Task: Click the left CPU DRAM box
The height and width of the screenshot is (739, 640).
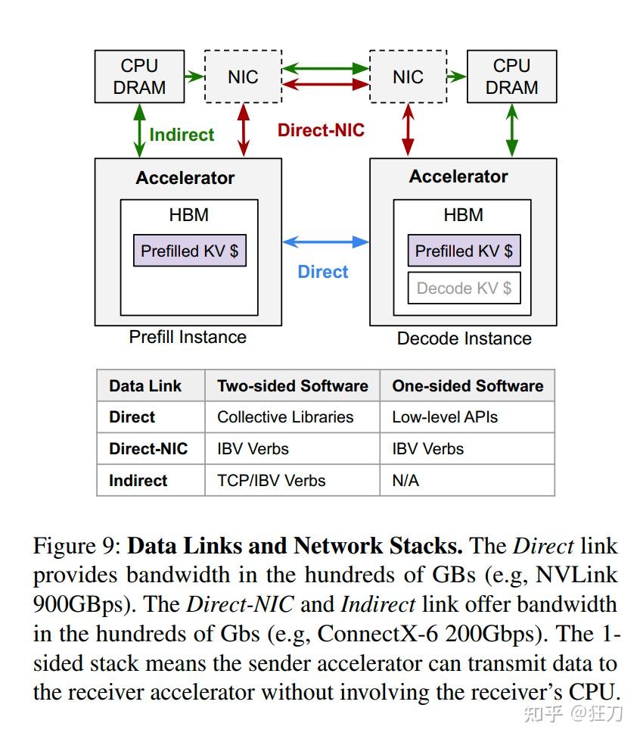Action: click(x=139, y=76)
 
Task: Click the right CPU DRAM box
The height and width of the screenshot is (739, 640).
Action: click(x=511, y=76)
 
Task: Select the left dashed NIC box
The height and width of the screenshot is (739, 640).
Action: click(x=243, y=76)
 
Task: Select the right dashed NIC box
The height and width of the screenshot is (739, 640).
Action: click(x=408, y=76)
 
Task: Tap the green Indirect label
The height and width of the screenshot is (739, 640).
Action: click(x=182, y=135)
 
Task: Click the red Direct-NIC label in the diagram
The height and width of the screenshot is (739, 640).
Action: click(x=321, y=130)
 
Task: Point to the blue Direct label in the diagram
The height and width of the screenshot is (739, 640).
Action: click(x=323, y=272)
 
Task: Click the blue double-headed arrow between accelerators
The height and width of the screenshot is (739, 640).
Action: click(x=325, y=242)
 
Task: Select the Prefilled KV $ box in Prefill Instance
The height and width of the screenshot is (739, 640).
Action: click(x=189, y=251)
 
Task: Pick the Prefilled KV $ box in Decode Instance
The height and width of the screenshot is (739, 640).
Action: click(x=464, y=251)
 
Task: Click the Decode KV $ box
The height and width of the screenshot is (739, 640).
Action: click(x=464, y=288)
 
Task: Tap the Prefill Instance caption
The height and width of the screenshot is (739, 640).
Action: click(x=188, y=337)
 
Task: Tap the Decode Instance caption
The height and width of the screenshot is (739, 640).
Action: click(x=464, y=338)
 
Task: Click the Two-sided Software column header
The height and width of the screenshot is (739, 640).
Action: click(x=292, y=385)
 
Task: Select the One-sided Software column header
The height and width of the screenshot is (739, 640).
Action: click(x=467, y=385)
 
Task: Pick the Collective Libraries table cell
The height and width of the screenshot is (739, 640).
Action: click(x=285, y=417)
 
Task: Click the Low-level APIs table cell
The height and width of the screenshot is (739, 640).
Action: click(x=445, y=417)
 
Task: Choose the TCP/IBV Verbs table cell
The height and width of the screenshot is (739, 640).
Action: click(x=271, y=481)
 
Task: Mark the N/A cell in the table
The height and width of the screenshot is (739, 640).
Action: click(x=405, y=481)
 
